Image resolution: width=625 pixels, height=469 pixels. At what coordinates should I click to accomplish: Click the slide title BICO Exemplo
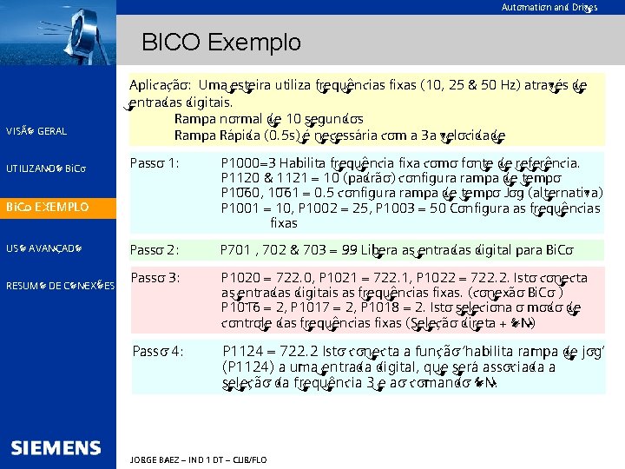[x=220, y=42]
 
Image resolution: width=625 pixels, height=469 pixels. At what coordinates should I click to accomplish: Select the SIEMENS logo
[x=56, y=448]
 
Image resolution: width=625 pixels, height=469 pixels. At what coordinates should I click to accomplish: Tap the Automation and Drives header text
[x=548, y=7]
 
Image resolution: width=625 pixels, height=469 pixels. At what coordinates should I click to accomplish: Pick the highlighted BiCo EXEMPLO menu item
[x=47, y=208]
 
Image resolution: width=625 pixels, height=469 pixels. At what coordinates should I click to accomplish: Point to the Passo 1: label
[x=155, y=162]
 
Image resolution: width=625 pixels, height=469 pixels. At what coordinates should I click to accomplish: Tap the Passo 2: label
[x=155, y=250]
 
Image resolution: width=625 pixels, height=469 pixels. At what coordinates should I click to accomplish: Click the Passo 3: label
[x=155, y=278]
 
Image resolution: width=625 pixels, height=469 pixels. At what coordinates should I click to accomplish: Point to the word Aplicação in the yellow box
[x=160, y=86]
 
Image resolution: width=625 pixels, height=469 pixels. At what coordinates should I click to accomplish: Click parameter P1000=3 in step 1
[x=248, y=162]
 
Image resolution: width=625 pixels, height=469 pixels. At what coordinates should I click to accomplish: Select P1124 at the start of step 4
[x=242, y=351]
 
